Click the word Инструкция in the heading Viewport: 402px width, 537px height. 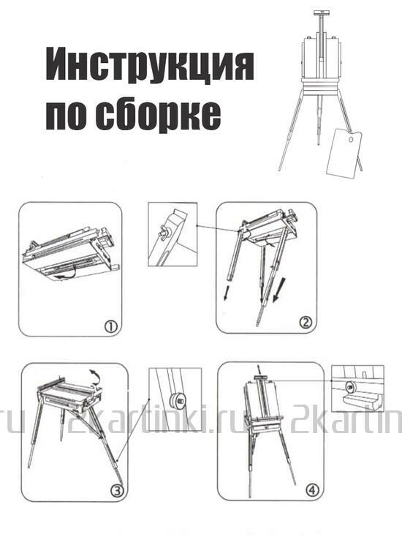(149, 67)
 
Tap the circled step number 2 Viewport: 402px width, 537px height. (306, 322)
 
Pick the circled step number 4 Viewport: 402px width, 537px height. (314, 490)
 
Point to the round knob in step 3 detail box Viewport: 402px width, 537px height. (175, 399)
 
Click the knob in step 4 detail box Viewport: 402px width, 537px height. (349, 385)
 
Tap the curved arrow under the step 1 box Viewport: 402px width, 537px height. (68, 274)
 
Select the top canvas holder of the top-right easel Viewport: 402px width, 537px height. (319, 13)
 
